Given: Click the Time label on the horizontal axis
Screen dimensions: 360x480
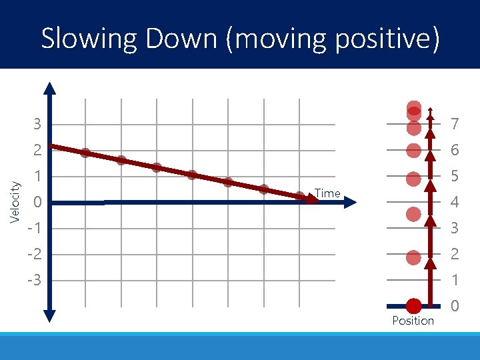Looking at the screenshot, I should (x=327, y=193).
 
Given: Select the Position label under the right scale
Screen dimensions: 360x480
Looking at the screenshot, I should (x=413, y=321).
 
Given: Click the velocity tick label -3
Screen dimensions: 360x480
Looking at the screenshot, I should (x=34, y=281).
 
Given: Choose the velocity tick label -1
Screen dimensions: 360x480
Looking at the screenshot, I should (x=34, y=229).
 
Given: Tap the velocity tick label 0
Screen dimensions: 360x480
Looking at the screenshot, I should (x=38, y=203).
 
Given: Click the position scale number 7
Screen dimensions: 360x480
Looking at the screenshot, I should (x=455, y=125).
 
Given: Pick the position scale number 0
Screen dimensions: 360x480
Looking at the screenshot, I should (x=455, y=307).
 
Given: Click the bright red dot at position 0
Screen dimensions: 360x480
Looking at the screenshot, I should (x=414, y=306).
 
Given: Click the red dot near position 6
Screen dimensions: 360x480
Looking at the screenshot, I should (x=414, y=151).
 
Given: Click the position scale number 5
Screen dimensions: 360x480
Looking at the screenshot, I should (x=455, y=177).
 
